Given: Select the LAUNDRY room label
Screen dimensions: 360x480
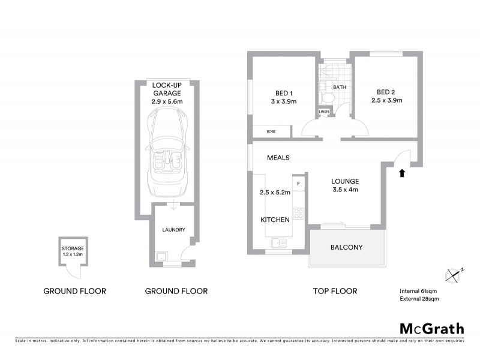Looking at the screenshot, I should pos(173,230).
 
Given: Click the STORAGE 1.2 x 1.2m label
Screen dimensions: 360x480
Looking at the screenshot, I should pos(73,251).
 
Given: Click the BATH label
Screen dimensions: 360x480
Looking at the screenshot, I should pos(340,88).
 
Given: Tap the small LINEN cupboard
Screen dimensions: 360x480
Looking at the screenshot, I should pos(324,112).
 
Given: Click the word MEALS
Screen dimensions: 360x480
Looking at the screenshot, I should pos(278,158).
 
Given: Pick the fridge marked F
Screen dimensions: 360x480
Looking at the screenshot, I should pos(299,182).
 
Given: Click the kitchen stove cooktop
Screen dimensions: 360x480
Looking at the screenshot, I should pos(299,214).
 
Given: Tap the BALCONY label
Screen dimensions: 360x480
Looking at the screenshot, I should pos(347,247).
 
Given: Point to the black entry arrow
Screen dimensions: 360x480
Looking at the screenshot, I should pos(402,173).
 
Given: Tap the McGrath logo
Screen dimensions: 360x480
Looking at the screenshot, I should pos(431,328).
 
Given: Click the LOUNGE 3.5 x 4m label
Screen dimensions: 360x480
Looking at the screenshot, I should pos(345,185).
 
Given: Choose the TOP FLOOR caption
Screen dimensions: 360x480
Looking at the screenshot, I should pos(335,291).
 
